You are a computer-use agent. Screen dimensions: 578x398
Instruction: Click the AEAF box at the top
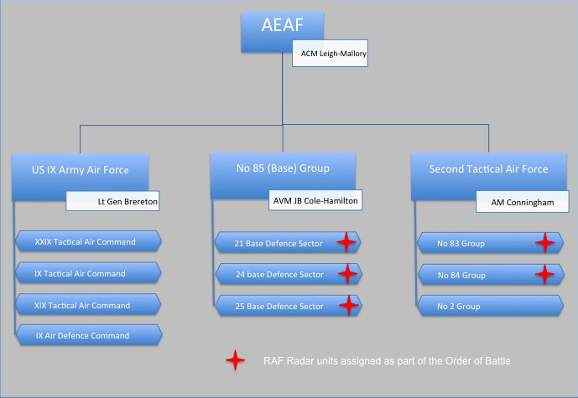coord(283,31)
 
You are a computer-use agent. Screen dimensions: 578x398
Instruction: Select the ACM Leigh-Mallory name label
coord(330,54)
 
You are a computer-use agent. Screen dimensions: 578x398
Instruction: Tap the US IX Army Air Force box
coord(80,177)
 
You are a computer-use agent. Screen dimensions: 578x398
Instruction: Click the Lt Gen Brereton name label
coord(112,200)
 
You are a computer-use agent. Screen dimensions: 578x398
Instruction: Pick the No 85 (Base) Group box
coord(283,176)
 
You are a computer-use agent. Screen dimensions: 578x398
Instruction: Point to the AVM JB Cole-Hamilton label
coord(315,200)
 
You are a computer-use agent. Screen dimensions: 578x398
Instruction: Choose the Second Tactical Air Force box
coord(489,176)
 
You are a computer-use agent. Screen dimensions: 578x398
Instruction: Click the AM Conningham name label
coord(523,202)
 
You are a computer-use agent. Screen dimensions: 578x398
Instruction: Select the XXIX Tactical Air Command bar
coord(88,241)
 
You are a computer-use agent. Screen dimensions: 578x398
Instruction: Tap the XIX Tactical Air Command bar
coord(88,305)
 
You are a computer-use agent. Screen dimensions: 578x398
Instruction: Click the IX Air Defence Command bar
coord(89,335)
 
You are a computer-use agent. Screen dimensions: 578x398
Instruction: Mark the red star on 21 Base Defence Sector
coord(346,242)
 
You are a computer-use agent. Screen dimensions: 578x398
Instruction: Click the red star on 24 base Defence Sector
coord(347,273)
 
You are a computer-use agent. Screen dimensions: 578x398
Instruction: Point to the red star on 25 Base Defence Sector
coord(348,305)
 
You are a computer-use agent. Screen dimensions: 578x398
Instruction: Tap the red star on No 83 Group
coord(544,243)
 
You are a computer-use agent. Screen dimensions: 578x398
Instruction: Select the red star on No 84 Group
coord(544,274)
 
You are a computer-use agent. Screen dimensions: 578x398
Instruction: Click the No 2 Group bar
coord(490,306)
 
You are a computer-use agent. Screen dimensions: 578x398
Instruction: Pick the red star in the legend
coord(235,360)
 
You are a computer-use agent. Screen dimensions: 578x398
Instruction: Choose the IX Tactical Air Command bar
coord(88,273)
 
